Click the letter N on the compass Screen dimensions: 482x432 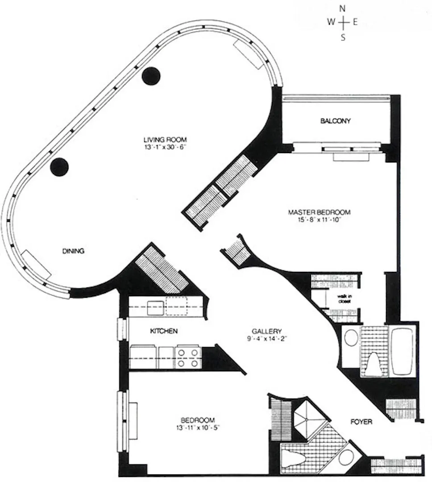tap(343, 8)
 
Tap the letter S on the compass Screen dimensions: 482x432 tap(343, 37)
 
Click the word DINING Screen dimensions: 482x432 tap(73, 251)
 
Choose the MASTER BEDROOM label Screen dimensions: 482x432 tap(319, 212)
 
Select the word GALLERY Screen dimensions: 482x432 tap(266, 331)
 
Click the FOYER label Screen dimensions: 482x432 tap(361, 421)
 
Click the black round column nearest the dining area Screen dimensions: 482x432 tap(59, 167)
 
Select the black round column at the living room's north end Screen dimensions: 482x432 tap(151, 75)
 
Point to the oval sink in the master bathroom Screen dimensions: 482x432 tap(351, 338)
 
